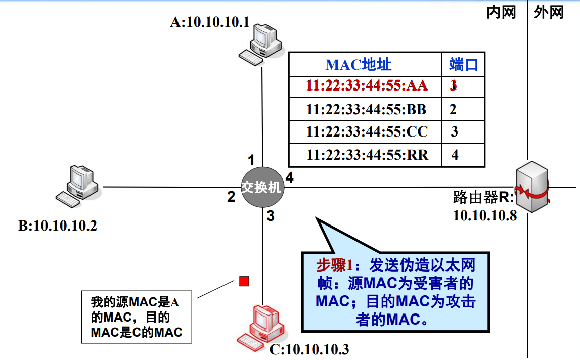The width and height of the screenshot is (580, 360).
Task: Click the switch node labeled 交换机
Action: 261,187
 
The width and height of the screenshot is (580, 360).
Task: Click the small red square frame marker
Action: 244,281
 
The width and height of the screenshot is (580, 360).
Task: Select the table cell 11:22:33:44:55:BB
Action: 366,109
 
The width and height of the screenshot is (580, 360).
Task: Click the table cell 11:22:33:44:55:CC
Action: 366,132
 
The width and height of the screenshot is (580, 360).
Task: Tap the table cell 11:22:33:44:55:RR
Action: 366,155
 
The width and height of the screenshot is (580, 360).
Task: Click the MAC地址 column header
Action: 359,64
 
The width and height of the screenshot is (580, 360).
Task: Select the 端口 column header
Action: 463,64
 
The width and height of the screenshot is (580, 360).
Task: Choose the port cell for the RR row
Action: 455,155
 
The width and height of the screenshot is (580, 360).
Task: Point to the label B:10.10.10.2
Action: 58,226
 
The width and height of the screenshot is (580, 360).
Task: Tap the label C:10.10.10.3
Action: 309,349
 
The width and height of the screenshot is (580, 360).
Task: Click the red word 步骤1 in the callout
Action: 334,264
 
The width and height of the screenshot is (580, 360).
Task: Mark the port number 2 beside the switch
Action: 231,197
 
